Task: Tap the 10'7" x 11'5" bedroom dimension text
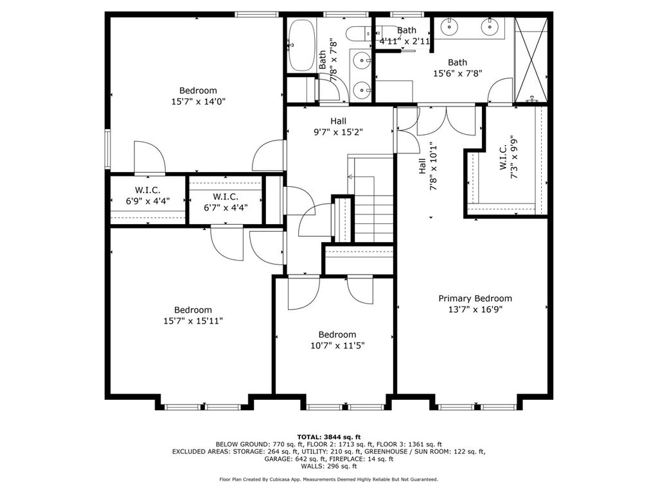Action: coord(337,346)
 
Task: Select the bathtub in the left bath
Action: coord(301,46)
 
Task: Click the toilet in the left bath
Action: coord(357,33)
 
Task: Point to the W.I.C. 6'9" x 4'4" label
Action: coord(148,195)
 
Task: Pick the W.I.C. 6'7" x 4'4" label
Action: coord(226,202)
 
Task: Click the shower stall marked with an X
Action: coord(531,60)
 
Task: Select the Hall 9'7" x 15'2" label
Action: coord(338,126)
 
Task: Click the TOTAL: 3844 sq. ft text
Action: coord(329,437)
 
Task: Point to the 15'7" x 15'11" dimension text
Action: coord(193,321)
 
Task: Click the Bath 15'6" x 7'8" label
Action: coord(458,68)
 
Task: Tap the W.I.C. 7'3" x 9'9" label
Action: coord(509,159)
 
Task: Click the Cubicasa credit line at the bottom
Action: coord(328,479)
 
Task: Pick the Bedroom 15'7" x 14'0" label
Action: coord(199,96)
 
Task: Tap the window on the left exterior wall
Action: coord(107,149)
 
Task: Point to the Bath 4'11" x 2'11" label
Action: coord(405,36)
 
